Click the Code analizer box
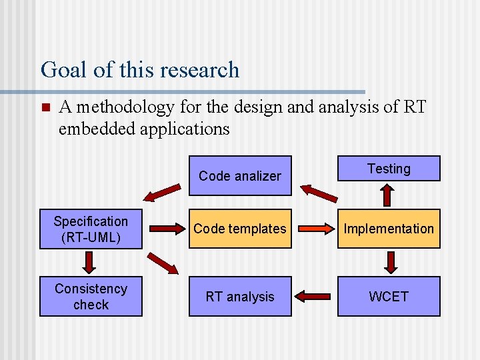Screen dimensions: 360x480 click(240, 176)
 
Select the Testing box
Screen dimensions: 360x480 click(389, 169)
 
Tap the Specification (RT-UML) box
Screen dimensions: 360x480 click(91, 229)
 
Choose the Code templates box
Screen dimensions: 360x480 click(240, 229)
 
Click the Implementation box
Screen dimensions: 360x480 click(389, 229)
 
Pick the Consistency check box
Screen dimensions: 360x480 click(91, 297)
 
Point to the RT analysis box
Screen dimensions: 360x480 click(240, 297)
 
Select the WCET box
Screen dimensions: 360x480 click(389, 297)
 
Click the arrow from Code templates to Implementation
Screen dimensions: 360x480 click(314, 229)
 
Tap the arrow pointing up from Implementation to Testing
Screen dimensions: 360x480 click(389, 195)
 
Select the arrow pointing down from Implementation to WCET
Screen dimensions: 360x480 click(391, 263)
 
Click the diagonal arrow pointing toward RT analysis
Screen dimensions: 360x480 click(163, 263)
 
